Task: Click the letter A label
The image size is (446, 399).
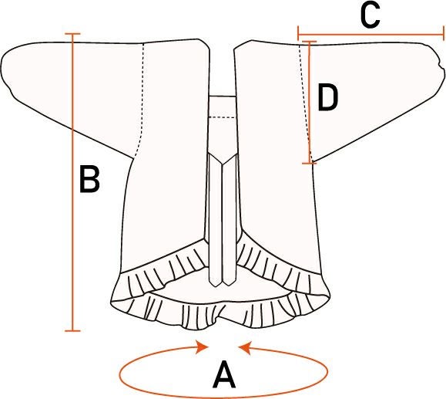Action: (224, 375)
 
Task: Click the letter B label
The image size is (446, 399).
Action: (89, 179)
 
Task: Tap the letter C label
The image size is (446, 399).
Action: (370, 16)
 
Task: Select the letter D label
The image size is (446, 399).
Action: (327, 97)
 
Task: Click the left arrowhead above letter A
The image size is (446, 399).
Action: (203, 347)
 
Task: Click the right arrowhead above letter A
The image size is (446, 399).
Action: (244, 348)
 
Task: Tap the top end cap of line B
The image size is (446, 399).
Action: (72, 34)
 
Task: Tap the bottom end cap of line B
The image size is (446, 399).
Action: (72, 331)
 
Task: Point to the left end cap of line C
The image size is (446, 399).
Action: (298, 34)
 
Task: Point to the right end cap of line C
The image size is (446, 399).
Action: (443, 34)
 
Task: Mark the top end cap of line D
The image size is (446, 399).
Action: (308, 42)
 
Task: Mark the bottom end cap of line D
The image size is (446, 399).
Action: (310, 163)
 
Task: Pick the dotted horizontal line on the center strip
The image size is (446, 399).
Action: (223, 117)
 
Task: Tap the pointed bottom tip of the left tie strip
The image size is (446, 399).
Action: (216, 286)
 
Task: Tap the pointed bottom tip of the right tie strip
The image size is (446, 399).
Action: (229, 286)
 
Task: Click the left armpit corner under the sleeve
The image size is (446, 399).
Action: (132, 157)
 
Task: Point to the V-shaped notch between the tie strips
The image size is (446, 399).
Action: (223, 164)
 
